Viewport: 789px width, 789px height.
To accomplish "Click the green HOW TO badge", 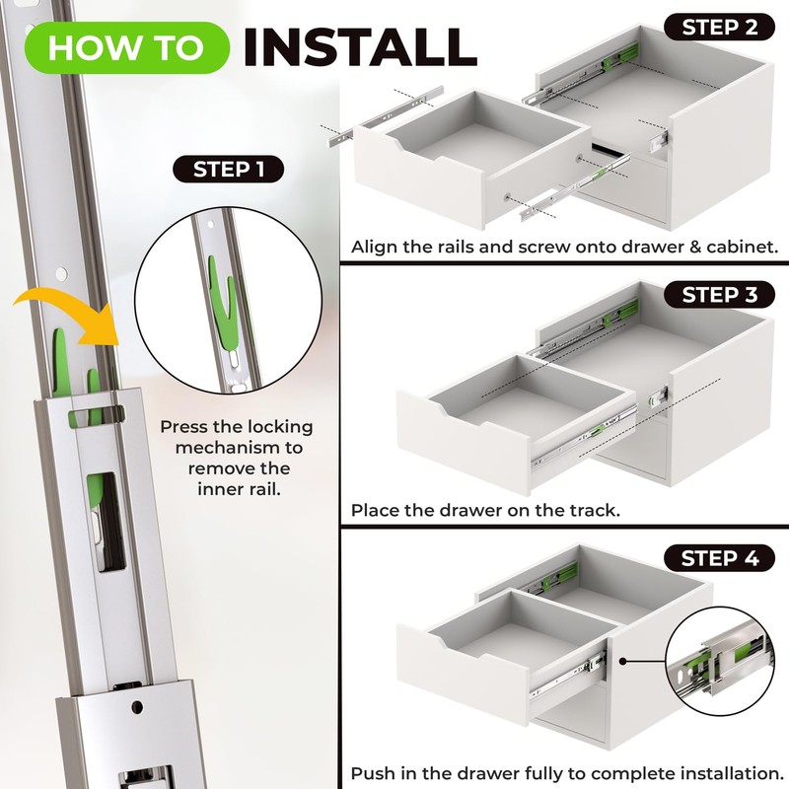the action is coord(127,47).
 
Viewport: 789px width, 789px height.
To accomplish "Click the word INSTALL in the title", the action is coord(360,46).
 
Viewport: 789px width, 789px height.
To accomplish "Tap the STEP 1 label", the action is coord(229,169).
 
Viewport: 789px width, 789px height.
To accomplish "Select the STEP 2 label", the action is coord(720,28).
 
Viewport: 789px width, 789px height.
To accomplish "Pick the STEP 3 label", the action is coord(720,294).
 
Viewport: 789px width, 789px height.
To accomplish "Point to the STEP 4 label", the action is coord(720,558).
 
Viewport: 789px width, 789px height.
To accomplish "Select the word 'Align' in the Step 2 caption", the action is coord(371,248).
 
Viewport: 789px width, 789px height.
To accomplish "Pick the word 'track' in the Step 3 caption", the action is coord(593,510).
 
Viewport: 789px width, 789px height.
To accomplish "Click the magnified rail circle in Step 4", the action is coord(721,661).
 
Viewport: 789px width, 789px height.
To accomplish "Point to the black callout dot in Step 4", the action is coord(622,661).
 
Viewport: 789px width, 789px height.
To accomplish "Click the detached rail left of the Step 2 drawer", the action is coord(386,116).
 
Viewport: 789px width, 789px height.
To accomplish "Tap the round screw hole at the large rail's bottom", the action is coord(137,707).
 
